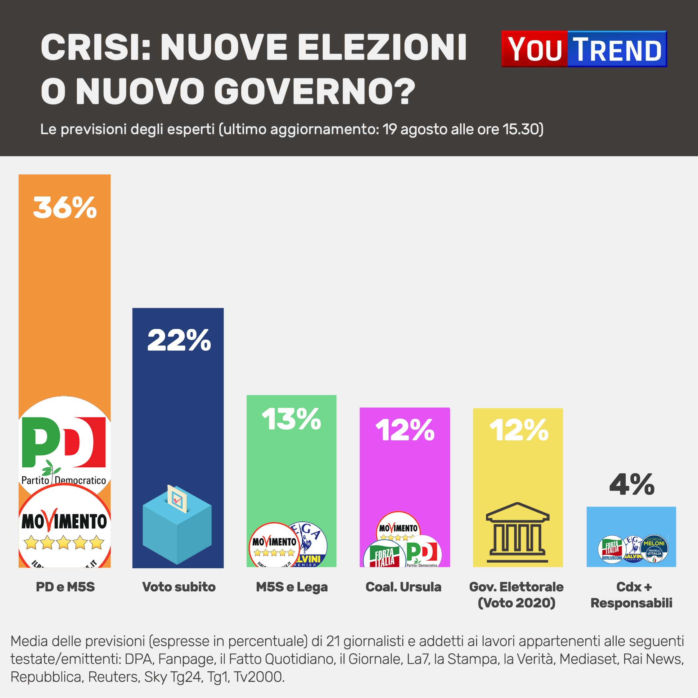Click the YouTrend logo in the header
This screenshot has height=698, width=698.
(x=584, y=49)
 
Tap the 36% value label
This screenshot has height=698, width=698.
(x=65, y=207)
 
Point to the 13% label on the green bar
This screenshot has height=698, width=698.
(x=291, y=419)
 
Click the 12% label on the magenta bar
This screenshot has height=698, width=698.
(x=405, y=430)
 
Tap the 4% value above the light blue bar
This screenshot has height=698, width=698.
(x=632, y=484)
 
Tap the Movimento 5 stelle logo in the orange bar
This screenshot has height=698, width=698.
(x=64, y=528)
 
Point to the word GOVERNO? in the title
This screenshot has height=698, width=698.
(x=314, y=91)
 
